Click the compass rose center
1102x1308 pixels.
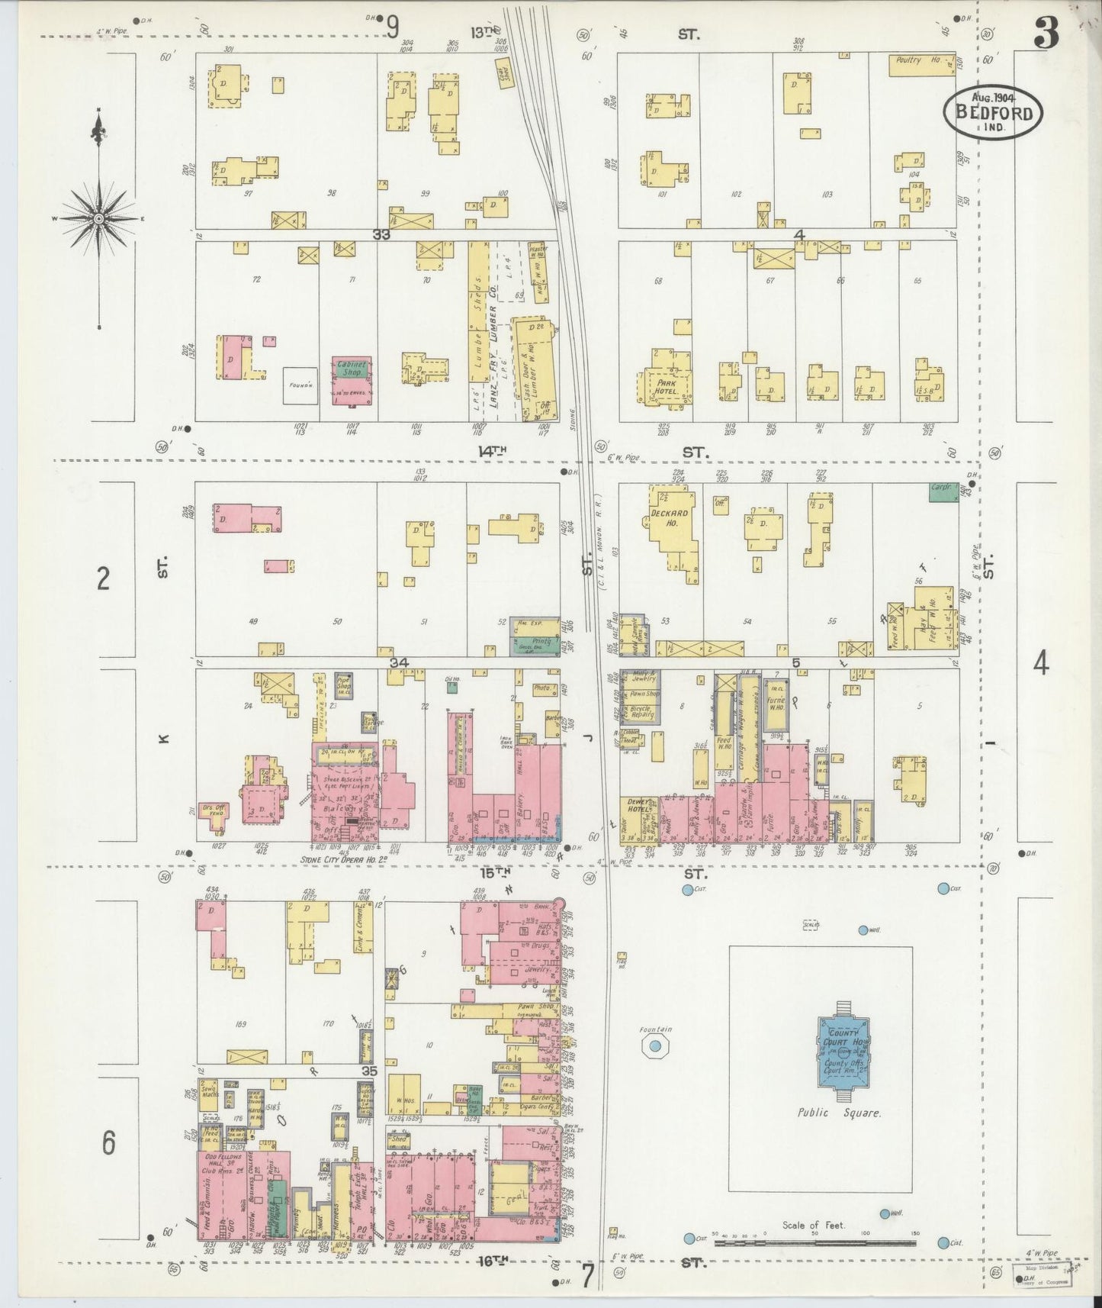(x=99, y=219)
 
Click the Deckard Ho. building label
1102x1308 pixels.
(x=670, y=518)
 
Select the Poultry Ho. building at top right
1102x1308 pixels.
(x=921, y=64)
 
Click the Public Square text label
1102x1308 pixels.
(x=839, y=1113)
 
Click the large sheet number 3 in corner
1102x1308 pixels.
(x=1046, y=34)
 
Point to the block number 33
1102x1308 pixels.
(x=381, y=235)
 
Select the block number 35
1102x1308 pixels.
(x=369, y=1071)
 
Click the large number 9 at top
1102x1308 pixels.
(x=393, y=27)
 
